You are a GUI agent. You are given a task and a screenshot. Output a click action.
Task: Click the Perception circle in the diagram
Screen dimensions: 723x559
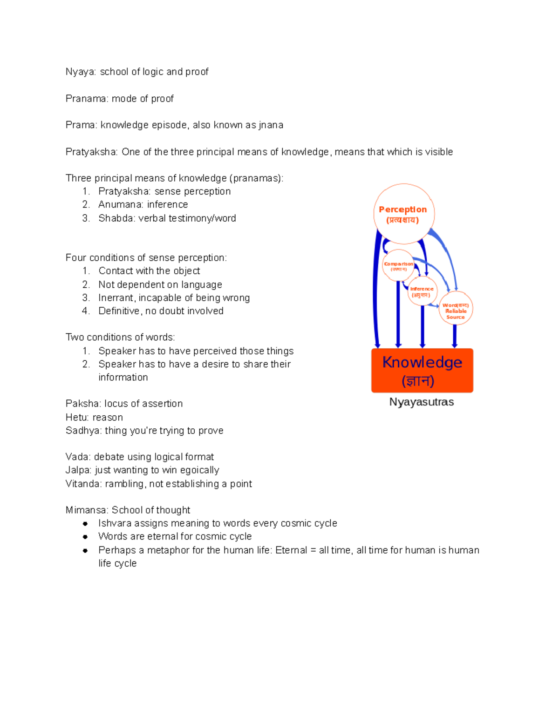click(x=403, y=214)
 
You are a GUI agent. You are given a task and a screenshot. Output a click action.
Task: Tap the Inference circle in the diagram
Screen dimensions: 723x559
click(x=422, y=291)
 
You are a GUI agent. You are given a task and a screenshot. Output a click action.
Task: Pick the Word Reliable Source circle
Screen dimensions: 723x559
click(x=456, y=308)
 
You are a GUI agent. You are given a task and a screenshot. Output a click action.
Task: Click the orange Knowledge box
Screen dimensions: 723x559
click(x=422, y=371)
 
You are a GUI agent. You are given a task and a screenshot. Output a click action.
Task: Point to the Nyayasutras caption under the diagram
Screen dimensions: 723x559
click(x=422, y=402)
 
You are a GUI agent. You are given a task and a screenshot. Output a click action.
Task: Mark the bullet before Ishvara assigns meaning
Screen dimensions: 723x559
click(x=85, y=523)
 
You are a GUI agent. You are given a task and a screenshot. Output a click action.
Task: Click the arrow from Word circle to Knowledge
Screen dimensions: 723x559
click(x=455, y=336)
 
